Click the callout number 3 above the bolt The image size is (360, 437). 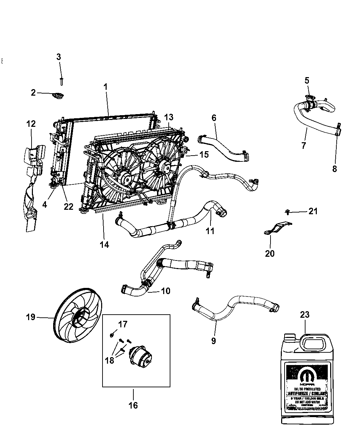tap(59, 57)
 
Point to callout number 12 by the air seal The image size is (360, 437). tap(31, 123)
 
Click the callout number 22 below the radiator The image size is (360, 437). tap(69, 206)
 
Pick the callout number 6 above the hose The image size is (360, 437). tap(214, 118)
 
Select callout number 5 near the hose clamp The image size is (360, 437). tap(307, 81)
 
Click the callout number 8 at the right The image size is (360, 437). tap(335, 168)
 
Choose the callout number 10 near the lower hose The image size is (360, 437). tap(165, 291)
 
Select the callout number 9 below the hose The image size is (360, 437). tap(214, 341)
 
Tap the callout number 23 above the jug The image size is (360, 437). tap(305, 315)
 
